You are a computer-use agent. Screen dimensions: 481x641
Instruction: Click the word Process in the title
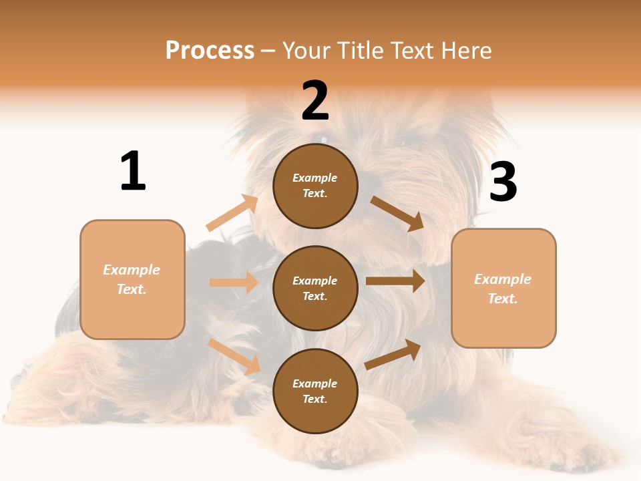(x=210, y=51)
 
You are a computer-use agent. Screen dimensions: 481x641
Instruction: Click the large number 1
(x=133, y=171)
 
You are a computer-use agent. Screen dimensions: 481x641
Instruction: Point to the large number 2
(x=315, y=101)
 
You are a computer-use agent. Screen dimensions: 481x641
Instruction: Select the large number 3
(x=503, y=182)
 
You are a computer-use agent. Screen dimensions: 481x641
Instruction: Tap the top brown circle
(x=315, y=186)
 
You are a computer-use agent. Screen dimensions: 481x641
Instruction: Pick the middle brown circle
(x=315, y=288)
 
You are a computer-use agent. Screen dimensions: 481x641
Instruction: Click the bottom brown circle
(x=315, y=391)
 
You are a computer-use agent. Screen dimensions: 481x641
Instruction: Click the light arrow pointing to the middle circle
(x=234, y=283)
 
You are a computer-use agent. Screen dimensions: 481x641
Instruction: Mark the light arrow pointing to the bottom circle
(x=234, y=356)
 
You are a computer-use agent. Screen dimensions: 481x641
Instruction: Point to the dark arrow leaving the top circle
(x=397, y=213)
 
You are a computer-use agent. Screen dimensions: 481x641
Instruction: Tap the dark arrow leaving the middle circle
(x=395, y=281)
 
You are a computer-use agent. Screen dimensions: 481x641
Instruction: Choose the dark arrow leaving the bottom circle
(x=393, y=355)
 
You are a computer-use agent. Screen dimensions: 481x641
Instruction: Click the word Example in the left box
(x=132, y=270)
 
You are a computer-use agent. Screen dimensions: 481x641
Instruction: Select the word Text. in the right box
(x=503, y=299)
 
